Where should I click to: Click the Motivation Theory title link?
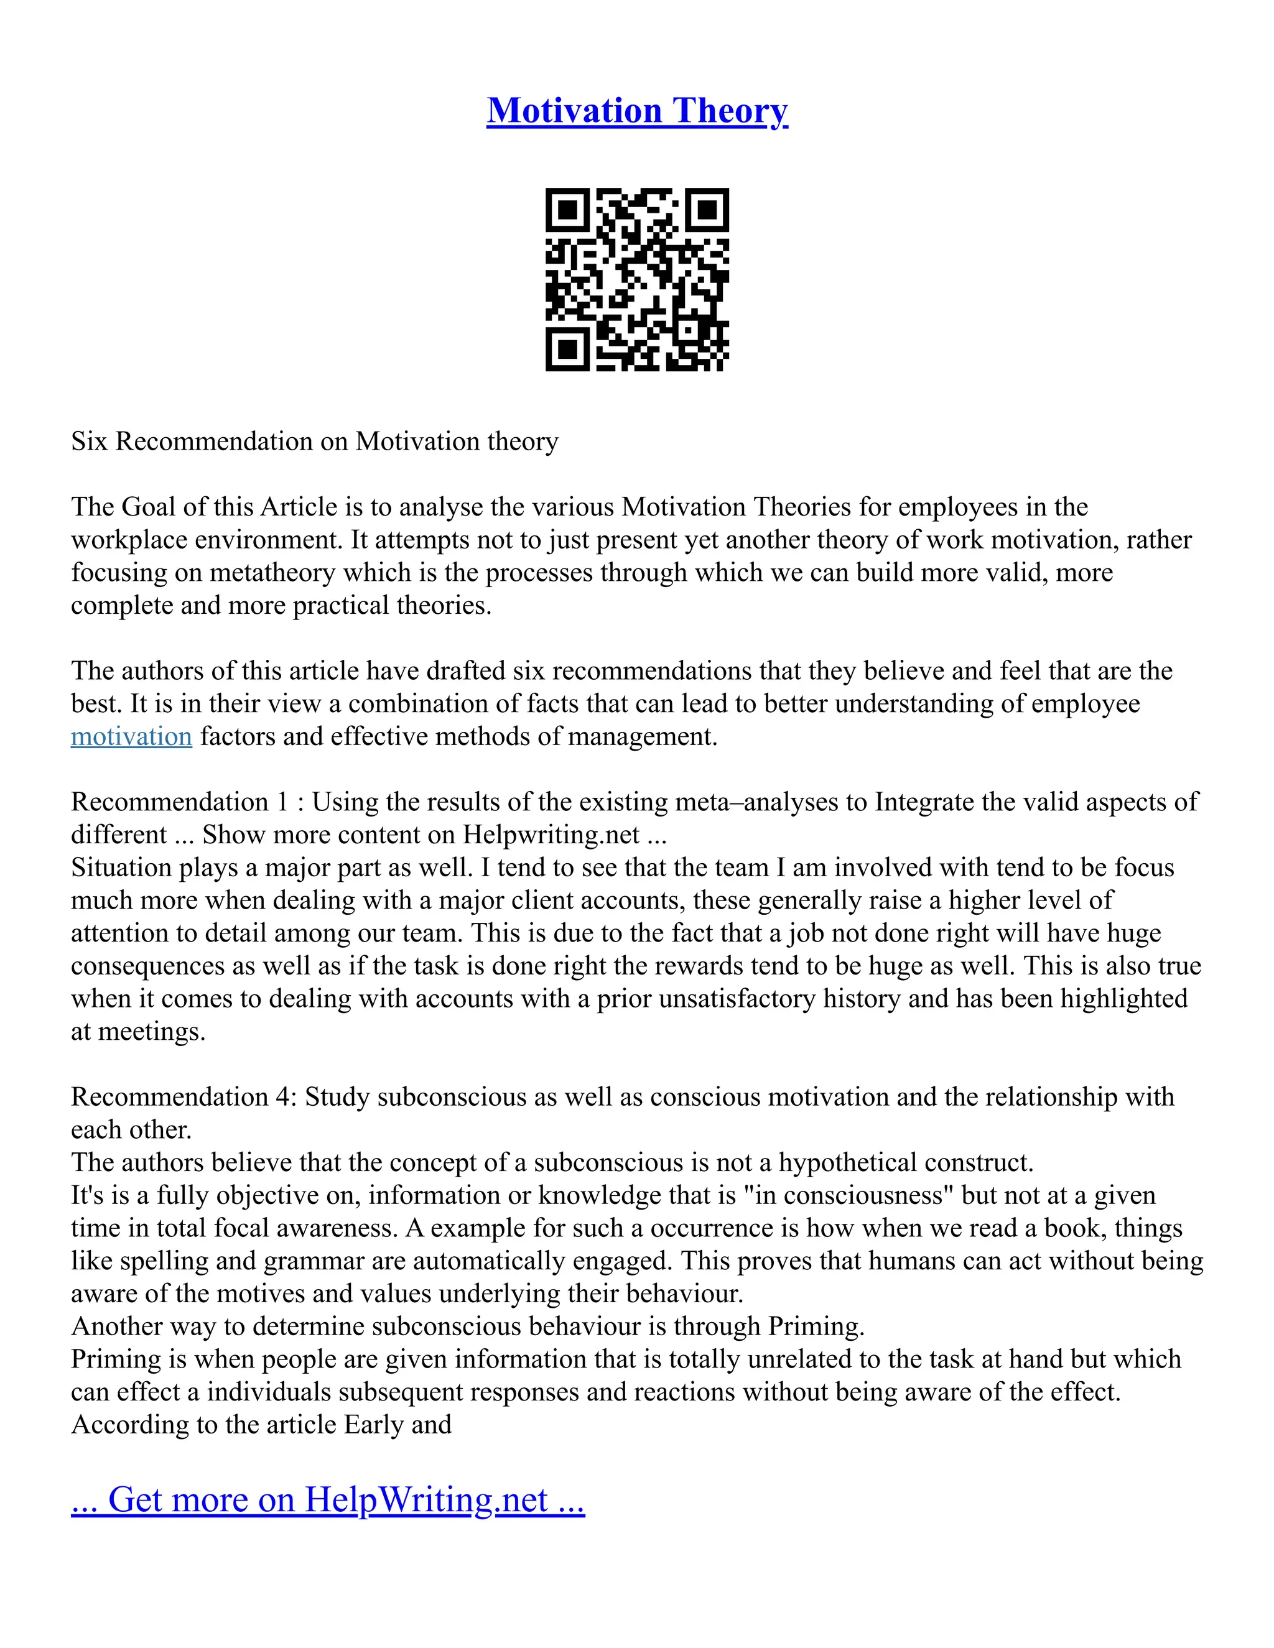point(637,111)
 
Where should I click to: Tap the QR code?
point(637,279)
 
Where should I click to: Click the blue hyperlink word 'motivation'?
point(131,736)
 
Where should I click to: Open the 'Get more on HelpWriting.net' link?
point(328,1499)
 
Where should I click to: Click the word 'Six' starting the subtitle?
point(89,441)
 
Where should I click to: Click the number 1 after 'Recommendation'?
point(282,802)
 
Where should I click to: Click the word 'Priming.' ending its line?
point(816,1326)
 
